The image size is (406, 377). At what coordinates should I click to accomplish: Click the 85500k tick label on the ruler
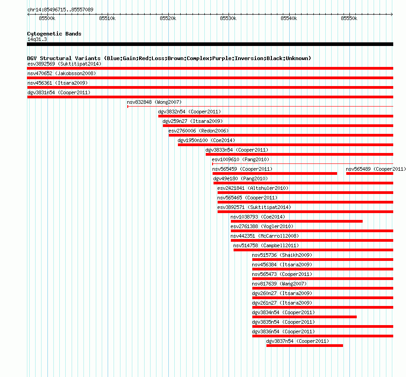[47, 18]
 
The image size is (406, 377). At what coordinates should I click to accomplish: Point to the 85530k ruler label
[228, 18]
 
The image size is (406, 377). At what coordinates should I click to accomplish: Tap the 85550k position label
[349, 18]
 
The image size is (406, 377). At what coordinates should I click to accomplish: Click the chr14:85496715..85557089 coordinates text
[60, 10]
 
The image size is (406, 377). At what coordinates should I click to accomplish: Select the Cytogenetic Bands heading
[54, 34]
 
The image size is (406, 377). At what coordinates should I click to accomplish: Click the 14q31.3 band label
[37, 39]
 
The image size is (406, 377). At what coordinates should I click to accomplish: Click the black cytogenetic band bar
[210, 44]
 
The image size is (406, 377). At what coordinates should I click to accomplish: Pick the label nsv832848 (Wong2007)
[154, 102]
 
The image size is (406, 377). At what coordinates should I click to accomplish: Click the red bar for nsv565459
[275, 173]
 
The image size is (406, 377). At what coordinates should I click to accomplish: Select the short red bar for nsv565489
[370, 173]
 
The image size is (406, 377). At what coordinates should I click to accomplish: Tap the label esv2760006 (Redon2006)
[198, 131]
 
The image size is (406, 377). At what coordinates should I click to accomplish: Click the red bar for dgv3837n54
[305, 346]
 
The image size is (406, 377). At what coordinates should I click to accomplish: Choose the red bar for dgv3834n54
[304, 317]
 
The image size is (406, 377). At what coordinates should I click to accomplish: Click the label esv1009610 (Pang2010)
[240, 159]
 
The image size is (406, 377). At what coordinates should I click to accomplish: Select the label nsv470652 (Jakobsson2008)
[62, 73]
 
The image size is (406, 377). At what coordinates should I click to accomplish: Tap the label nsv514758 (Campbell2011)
[266, 245]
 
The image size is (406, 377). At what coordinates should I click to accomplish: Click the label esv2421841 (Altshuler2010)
[253, 188]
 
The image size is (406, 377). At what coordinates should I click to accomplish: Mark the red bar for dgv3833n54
[299, 154]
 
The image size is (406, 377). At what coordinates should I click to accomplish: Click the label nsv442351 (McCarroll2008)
[265, 236]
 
